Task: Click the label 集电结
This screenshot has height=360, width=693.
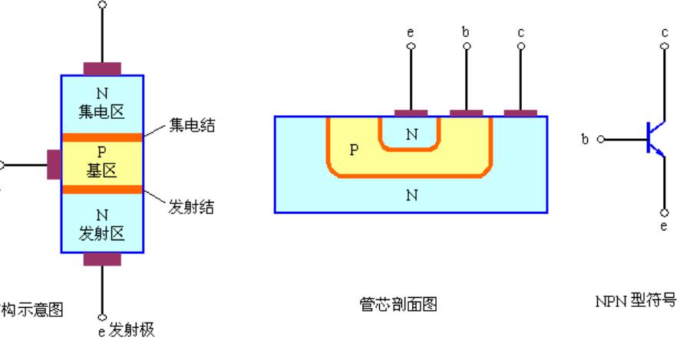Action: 192,125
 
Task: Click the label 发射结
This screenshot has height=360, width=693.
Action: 192,208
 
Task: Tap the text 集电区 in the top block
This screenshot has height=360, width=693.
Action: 101,112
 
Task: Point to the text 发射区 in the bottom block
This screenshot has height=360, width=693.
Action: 101,233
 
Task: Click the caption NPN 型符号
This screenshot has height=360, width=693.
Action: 636,300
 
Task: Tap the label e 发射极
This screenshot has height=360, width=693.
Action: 128,329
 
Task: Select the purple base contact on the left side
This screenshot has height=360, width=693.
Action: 54,164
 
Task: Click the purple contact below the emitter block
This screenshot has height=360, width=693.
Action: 102,259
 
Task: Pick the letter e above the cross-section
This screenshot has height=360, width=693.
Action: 411,33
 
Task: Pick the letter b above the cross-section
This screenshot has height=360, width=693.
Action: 466,33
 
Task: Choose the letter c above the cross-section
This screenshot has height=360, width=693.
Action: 521,33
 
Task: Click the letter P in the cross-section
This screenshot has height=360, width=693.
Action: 354,150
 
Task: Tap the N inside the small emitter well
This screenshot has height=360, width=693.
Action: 411,134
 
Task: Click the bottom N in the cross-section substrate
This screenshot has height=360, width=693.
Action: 411,195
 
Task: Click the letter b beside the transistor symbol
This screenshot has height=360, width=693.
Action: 585,140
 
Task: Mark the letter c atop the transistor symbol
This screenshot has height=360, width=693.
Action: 665,32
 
